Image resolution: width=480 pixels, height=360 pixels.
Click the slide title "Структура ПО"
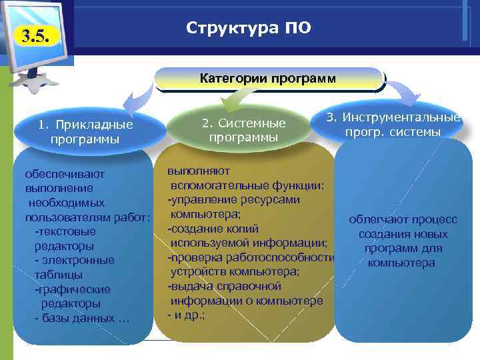(x=248, y=28)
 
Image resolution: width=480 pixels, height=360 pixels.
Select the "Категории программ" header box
(x=269, y=79)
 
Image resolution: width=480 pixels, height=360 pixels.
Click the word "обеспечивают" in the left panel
(x=65, y=174)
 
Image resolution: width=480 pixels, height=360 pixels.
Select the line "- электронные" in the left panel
(x=74, y=260)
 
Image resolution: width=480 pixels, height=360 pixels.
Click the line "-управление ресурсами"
(x=233, y=199)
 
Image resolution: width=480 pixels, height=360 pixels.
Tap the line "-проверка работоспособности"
(x=250, y=257)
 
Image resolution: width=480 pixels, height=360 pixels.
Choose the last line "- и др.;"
(x=187, y=315)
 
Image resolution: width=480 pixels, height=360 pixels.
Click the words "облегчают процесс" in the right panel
(x=403, y=219)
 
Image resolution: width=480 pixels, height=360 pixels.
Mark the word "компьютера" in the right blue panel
(x=402, y=263)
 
